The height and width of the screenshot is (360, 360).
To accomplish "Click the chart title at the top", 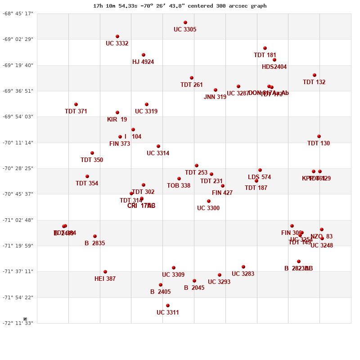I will [x=180, y=6].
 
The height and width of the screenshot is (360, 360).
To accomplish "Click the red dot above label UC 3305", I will [x=185, y=22].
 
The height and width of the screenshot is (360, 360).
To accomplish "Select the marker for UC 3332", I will [x=117, y=36].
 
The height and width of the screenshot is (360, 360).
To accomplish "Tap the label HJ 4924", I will [x=143, y=62].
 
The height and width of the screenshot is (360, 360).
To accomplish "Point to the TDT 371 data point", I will [x=76, y=104].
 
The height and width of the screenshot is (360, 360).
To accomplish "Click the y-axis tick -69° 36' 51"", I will [x=18, y=91].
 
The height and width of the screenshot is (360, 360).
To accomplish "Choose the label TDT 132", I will [x=314, y=82].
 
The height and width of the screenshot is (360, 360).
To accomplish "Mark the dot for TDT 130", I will [x=319, y=136].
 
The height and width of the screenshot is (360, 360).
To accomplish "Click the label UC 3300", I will [x=208, y=208].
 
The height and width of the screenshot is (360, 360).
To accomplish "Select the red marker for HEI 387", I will [x=105, y=272].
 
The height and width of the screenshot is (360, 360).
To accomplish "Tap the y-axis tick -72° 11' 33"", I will [x=18, y=323].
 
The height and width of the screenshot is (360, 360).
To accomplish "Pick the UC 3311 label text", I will [x=168, y=313].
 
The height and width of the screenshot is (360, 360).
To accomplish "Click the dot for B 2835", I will [x=95, y=236].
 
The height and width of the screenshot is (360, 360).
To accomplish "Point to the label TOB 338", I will [x=179, y=186].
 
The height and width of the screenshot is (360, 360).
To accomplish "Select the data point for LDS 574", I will [x=260, y=170].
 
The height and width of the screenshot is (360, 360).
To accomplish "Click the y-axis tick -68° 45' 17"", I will [x=18, y=13].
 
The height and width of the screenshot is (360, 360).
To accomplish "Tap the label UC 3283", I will [x=243, y=274].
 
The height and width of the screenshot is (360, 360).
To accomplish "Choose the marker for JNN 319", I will [x=216, y=90].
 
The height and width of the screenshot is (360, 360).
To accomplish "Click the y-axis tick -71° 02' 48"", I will [x=18, y=220].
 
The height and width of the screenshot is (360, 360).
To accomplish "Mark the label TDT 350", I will [x=92, y=160].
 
